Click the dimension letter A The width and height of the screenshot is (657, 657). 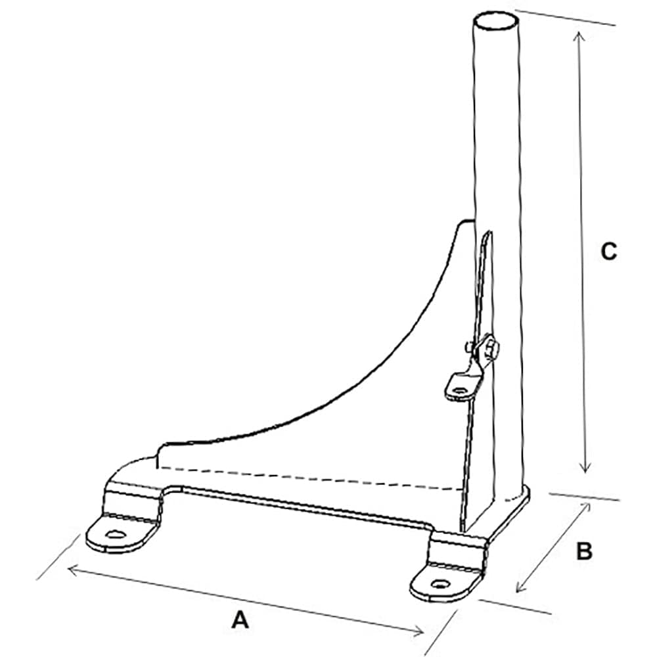coord(241,619)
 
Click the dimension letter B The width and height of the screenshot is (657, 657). coord(584,552)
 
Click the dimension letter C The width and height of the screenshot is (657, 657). coord(608,251)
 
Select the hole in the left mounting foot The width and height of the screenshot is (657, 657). coord(116,533)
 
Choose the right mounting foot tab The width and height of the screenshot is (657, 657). coord(447,572)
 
